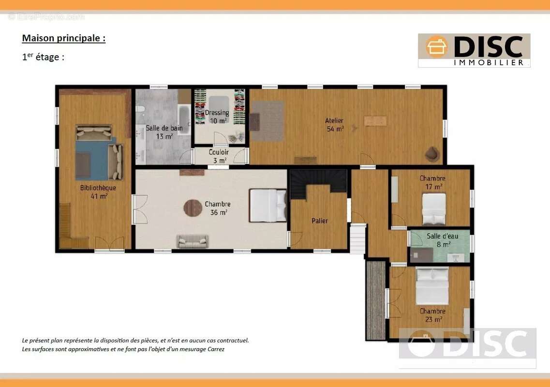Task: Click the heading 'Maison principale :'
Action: click(x=63, y=38)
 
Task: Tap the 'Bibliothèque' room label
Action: click(x=98, y=188)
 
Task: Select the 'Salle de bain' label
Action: click(x=164, y=128)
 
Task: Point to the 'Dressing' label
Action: click(x=217, y=113)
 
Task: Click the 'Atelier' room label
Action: click(x=334, y=120)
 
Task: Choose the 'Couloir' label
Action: click(x=219, y=152)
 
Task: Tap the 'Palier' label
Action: click(x=320, y=221)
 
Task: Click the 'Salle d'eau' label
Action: click(x=442, y=236)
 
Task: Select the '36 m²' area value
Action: click(x=219, y=212)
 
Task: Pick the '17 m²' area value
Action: click(x=433, y=187)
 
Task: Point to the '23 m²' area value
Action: click(x=433, y=319)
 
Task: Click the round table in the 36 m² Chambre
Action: click(x=193, y=208)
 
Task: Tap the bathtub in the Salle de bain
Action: click(x=184, y=119)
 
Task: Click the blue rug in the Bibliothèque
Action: click(x=92, y=160)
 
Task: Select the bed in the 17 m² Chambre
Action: click(x=434, y=209)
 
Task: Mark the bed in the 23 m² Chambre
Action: click(x=432, y=286)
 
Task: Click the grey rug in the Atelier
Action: click(x=268, y=121)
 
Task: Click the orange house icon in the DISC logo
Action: click(x=437, y=47)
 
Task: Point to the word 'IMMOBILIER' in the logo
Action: click(x=489, y=62)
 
